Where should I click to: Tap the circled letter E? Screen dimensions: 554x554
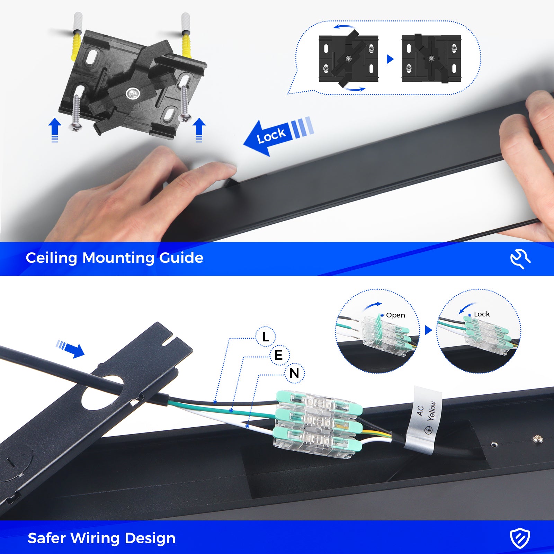279,355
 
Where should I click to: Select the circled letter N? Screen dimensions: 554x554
294,373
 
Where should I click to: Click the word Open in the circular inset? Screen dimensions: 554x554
395,315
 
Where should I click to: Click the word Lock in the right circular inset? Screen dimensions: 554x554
482,314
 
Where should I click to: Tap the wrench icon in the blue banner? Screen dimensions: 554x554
520,259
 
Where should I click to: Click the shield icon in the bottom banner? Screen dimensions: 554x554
520,538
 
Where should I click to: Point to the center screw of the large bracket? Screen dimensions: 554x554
133,93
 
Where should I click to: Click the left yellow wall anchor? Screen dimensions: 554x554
76,47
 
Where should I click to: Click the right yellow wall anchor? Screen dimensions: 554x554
187,45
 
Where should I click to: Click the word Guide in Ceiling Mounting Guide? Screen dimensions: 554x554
181,258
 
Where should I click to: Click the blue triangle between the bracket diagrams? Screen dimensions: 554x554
390,59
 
